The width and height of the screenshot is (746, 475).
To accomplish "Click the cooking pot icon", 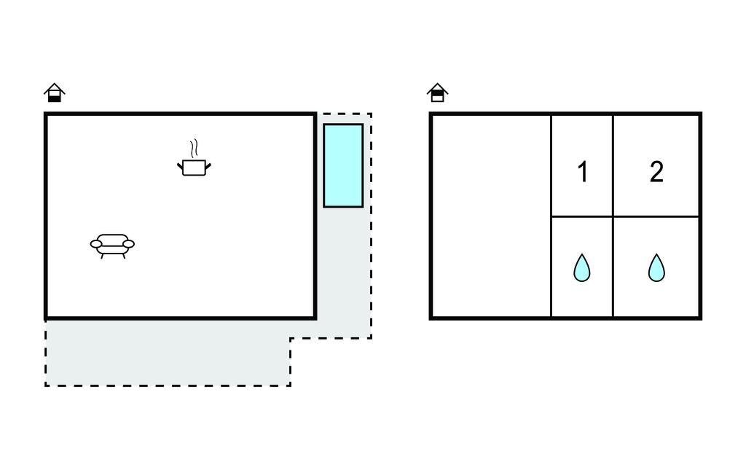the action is point(194,167).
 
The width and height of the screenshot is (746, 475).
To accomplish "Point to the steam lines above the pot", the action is point(193,149).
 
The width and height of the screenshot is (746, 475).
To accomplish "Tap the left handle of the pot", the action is point(180,166).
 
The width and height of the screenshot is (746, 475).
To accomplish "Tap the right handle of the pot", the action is point(208,166).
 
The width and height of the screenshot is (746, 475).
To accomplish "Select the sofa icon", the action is point(112,246).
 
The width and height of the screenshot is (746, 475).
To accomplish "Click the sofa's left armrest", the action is point(96,244).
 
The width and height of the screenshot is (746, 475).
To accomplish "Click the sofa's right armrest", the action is point(128,244).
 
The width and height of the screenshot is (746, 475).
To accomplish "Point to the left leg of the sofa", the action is point(102,256).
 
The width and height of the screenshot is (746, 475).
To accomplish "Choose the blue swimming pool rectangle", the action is point(343,165).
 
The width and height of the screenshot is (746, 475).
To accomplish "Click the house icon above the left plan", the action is point(54,93).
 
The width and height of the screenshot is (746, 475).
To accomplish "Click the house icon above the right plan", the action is point(437,93).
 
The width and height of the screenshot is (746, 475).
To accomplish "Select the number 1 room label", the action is point(583,172).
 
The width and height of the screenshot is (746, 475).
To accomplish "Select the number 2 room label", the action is point(656,172).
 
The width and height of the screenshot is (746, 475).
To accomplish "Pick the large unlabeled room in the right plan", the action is point(491,216).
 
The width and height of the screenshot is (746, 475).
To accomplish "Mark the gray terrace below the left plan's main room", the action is point(168,352).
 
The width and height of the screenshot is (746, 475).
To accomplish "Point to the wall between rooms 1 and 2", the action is point(613,165).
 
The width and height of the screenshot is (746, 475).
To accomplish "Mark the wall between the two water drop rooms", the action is point(613,267).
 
